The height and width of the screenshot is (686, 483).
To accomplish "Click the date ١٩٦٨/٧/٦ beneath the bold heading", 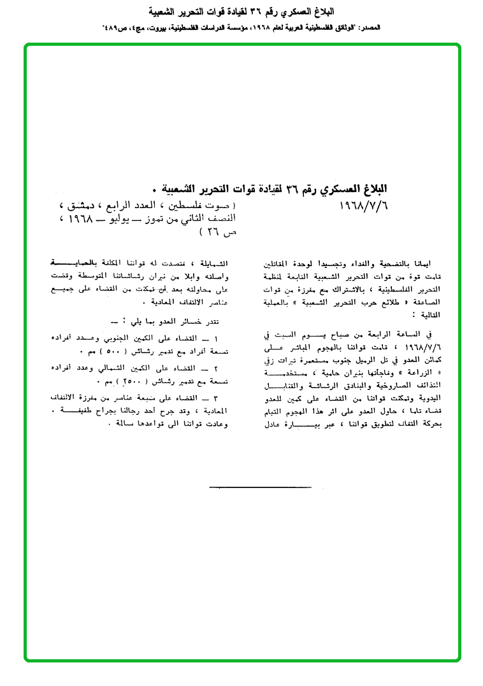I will [x=361, y=206].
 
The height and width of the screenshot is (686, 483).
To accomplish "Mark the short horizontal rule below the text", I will [x=260, y=487].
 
